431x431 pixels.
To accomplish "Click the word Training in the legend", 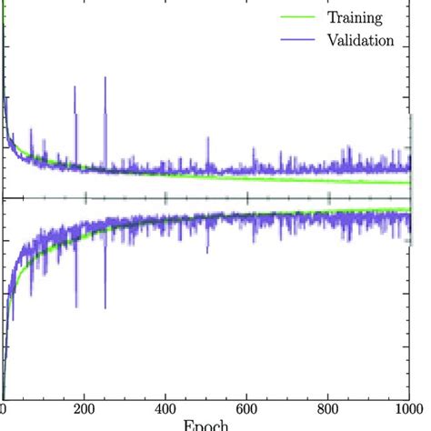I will (x=355, y=16).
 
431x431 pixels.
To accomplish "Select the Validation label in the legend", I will (x=360, y=40).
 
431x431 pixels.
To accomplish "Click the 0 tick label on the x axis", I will (x=4, y=409).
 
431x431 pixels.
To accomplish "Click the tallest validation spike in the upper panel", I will (x=105, y=80).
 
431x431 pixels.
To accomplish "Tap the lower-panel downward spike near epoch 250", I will (x=105, y=282).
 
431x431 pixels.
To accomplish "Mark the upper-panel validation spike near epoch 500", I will (x=207, y=139).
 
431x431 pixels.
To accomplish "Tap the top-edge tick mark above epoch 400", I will (x=166, y=3).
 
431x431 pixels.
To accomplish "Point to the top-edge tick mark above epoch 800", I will (x=328, y=3).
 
